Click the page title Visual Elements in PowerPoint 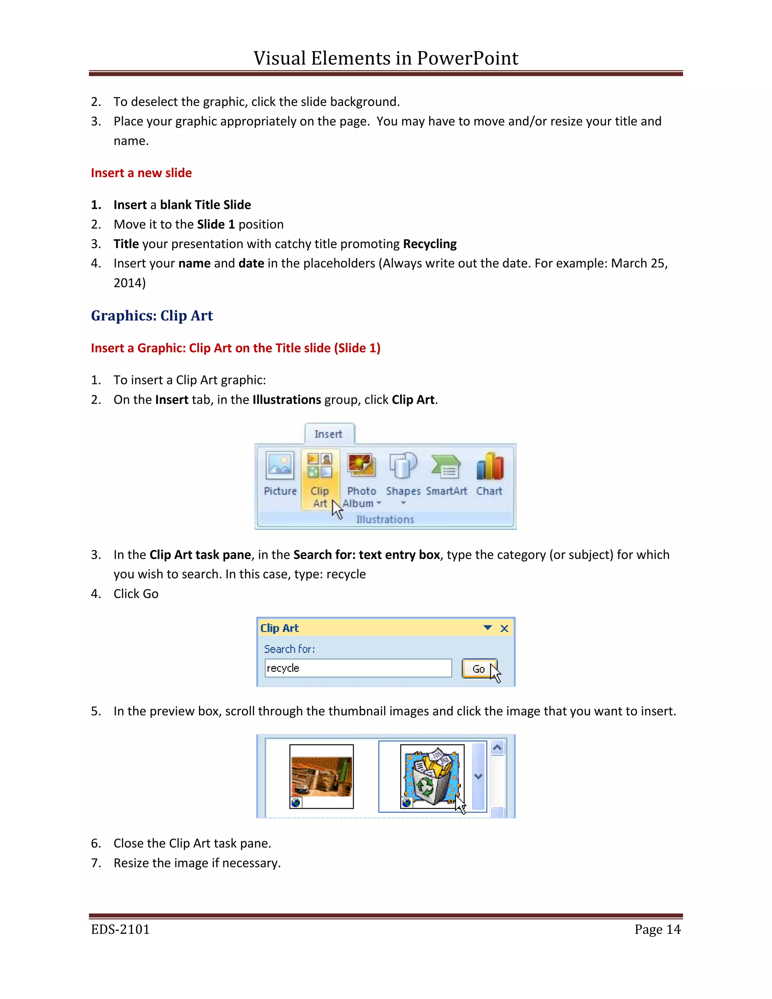coord(386,58)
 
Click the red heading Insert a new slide coord(141,173)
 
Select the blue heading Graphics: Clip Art coord(152,316)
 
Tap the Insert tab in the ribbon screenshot coord(328,434)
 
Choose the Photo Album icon coord(361,466)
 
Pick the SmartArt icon coord(446,467)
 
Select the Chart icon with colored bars coord(489,467)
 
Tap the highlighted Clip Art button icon coord(320,466)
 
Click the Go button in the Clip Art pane coord(478,669)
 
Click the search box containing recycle coord(358,668)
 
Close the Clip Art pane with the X coord(504,628)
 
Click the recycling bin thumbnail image coord(431,776)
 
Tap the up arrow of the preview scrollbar coord(497,748)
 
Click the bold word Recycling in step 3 coord(429,244)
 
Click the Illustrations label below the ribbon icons coord(385,519)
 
